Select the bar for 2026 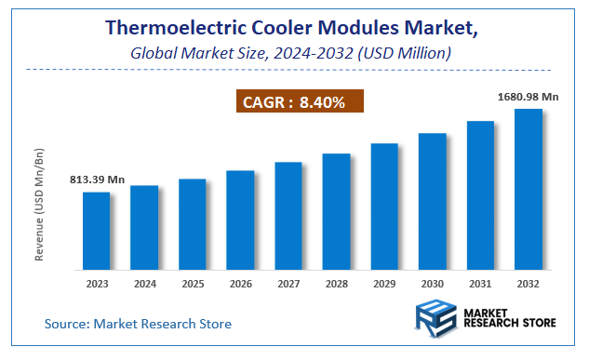pyautogui.click(x=240, y=220)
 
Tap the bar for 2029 pyautogui.click(x=384, y=207)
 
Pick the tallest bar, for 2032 pyautogui.click(x=529, y=190)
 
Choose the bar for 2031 pyautogui.click(x=480, y=195)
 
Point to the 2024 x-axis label pyautogui.click(x=144, y=284)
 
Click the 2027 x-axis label pyautogui.click(x=288, y=284)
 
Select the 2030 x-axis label pyautogui.click(x=433, y=284)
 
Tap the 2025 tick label pyautogui.click(x=193, y=284)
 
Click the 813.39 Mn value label pyautogui.click(x=96, y=180)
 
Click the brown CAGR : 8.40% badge pyautogui.click(x=298, y=102)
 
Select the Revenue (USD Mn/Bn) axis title pyautogui.click(x=40, y=204)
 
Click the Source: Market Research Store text pyautogui.click(x=138, y=324)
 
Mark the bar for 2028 pyautogui.click(x=336, y=212)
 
